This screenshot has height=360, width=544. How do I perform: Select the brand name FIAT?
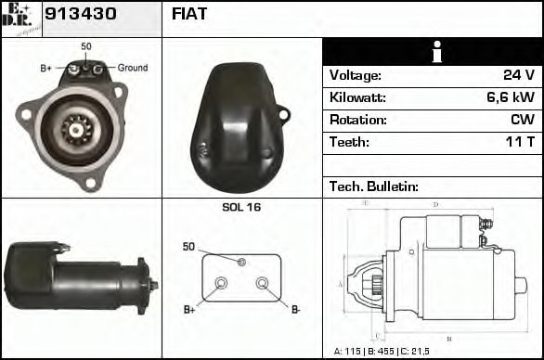click(x=189, y=14)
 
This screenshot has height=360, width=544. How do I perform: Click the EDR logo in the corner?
click(x=20, y=18)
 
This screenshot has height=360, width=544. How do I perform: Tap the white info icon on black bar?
click(x=432, y=52)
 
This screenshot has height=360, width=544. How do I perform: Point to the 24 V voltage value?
click(x=518, y=75)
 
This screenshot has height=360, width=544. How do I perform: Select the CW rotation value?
click(x=523, y=120)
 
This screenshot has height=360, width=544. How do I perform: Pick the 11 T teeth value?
click(x=519, y=142)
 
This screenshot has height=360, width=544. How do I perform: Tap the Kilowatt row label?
click(x=357, y=97)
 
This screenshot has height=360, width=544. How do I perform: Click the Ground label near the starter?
click(x=132, y=68)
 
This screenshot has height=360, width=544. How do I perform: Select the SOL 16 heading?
click(x=241, y=207)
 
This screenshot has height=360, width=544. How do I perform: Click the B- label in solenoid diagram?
click(x=296, y=309)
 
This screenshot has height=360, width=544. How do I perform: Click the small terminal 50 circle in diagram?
click(x=241, y=263)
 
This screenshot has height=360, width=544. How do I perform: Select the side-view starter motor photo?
click(x=79, y=277)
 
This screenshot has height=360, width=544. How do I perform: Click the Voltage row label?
click(x=355, y=75)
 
